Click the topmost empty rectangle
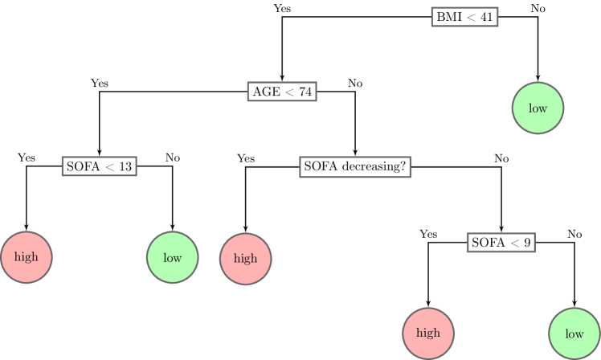click(x=464, y=17)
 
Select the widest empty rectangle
click(x=355, y=167)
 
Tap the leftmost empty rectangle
click(x=99, y=166)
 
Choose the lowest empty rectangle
click(x=501, y=243)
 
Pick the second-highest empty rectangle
click(x=282, y=92)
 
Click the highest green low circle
click(x=538, y=108)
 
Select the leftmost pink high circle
click(x=26, y=257)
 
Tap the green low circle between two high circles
click(x=172, y=258)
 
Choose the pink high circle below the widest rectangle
click(x=245, y=259)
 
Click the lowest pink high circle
click(x=427, y=333)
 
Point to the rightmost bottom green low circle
click(x=574, y=333)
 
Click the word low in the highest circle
click(x=538, y=108)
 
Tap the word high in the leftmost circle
click(x=26, y=257)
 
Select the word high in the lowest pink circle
click(x=427, y=333)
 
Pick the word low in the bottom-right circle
click(x=574, y=333)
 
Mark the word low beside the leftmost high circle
click(x=172, y=258)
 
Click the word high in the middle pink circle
click(x=245, y=259)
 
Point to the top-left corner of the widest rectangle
click(x=300, y=157)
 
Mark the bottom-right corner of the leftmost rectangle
click(x=136, y=175)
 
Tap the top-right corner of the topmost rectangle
click(x=497, y=8)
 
